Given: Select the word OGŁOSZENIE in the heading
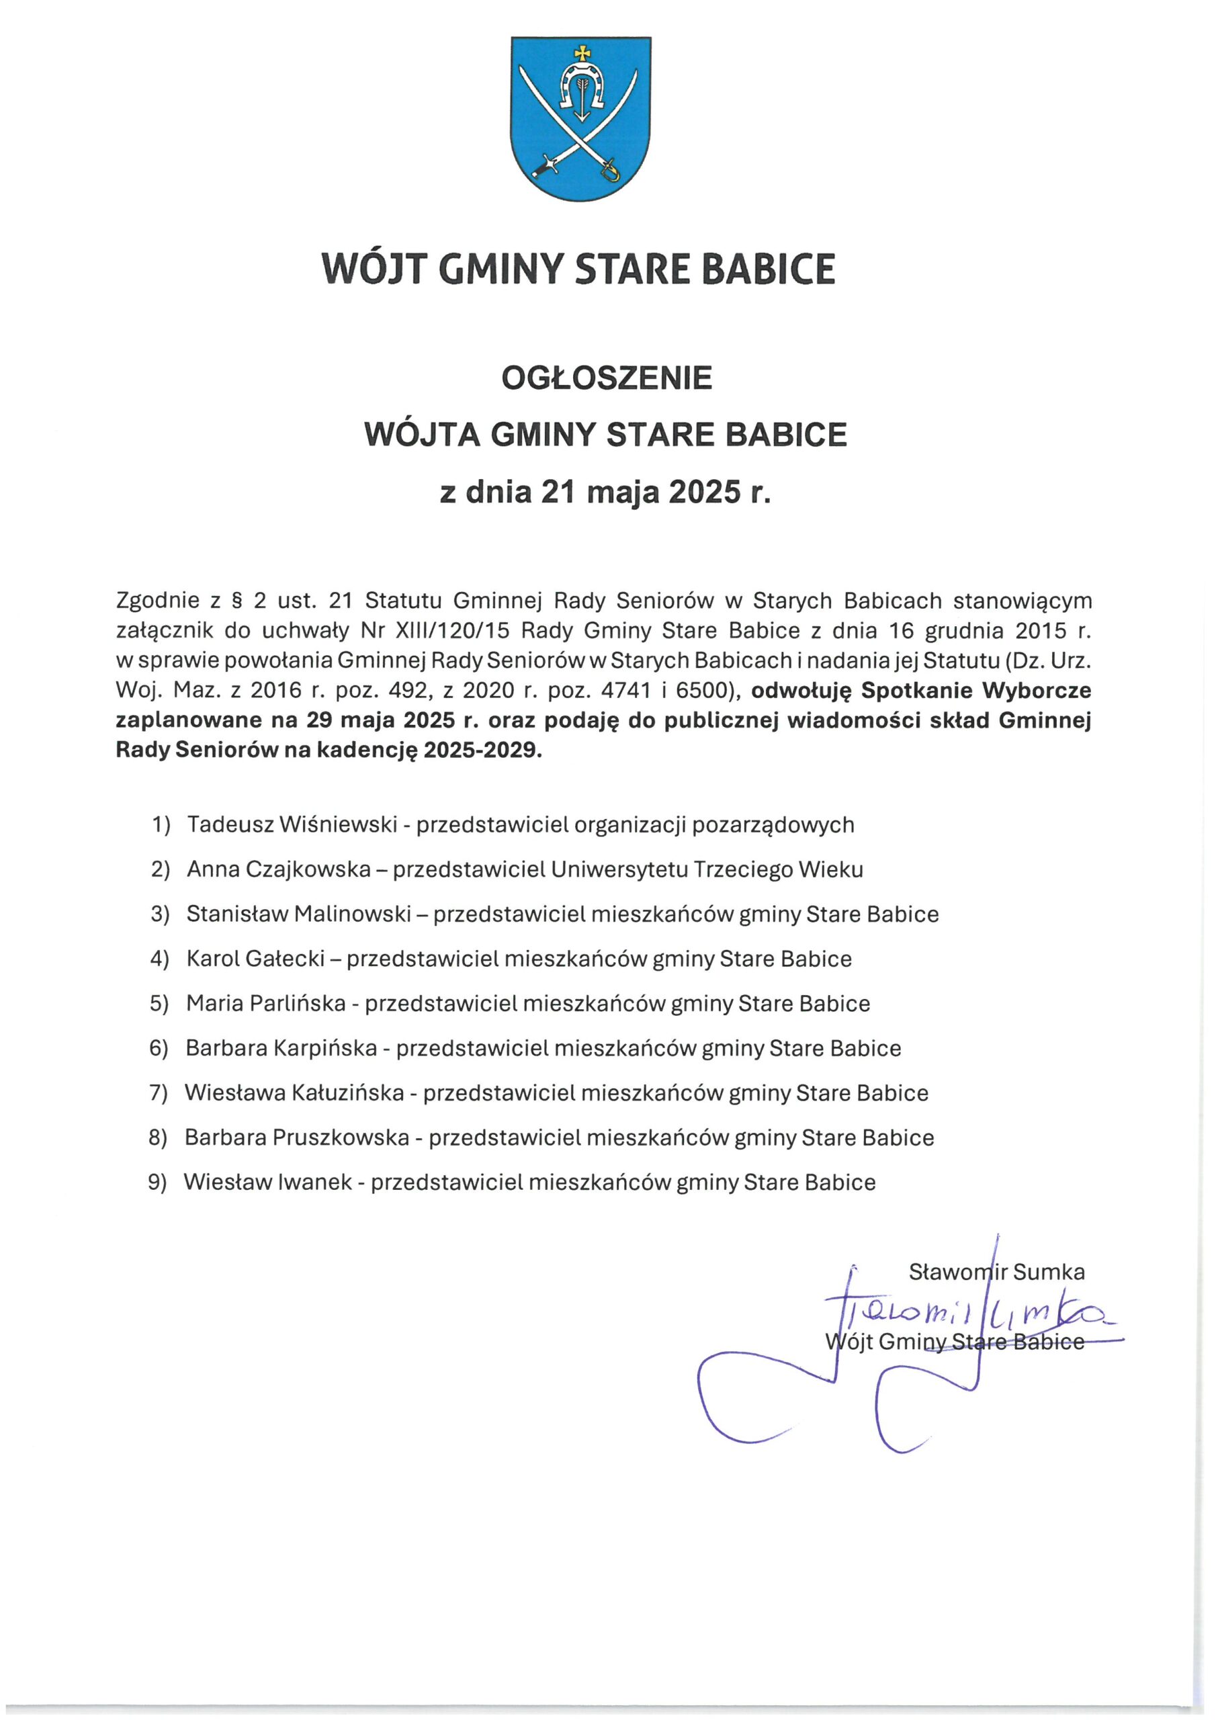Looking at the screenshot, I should (x=607, y=380).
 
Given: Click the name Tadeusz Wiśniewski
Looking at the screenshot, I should (x=292, y=825).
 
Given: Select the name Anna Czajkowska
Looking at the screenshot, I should (x=279, y=869).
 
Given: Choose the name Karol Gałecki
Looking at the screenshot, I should (x=255, y=959).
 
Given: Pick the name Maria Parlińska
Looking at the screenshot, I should (x=266, y=1004).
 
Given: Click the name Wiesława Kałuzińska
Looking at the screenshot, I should (x=294, y=1093).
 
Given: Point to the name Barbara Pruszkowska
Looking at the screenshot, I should (x=297, y=1138).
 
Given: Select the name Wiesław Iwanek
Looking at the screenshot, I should (x=267, y=1183).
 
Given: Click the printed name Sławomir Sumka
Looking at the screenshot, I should (x=996, y=1272).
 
